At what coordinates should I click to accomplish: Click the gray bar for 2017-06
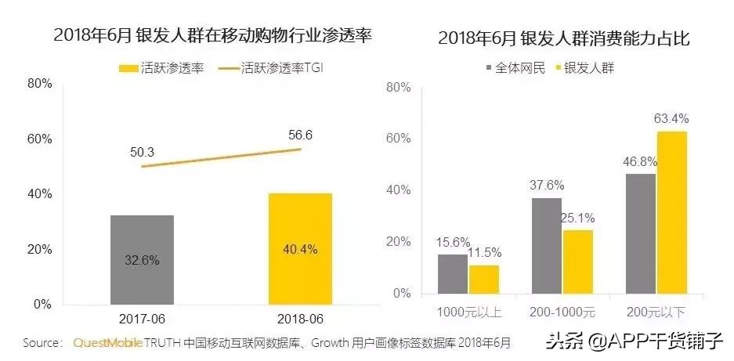[142, 259]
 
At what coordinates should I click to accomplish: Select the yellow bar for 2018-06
[301, 248]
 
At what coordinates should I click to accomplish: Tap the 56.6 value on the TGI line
[300, 135]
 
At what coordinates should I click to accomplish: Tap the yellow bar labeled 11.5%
[484, 280]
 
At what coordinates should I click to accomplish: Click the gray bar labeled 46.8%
[641, 234]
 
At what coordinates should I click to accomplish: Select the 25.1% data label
[578, 217]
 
